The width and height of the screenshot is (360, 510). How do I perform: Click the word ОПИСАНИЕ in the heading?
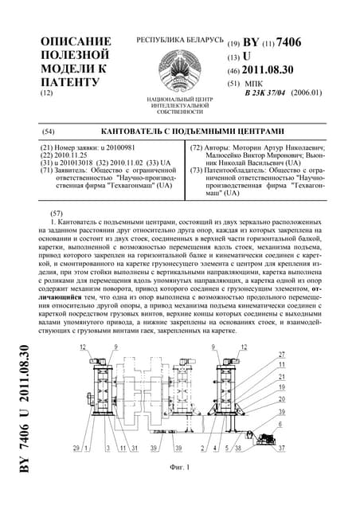pos(76,41)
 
